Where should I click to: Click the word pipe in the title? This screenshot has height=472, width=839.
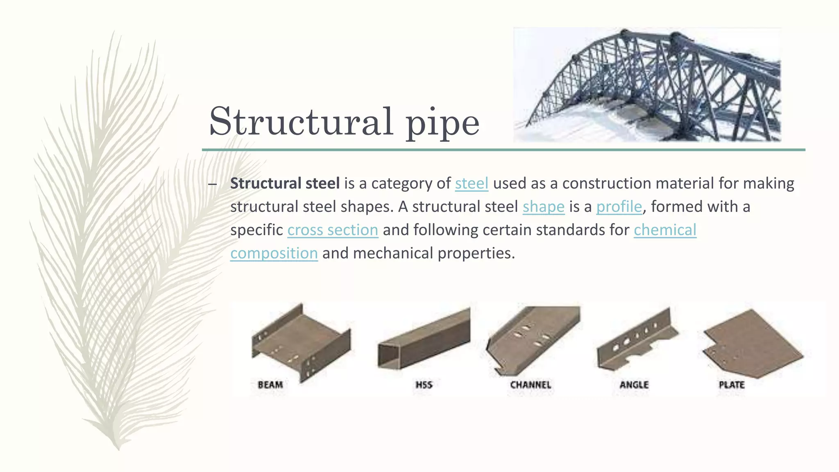(x=442, y=123)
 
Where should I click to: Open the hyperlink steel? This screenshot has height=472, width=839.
(x=472, y=183)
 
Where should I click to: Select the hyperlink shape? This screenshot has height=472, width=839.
(x=543, y=206)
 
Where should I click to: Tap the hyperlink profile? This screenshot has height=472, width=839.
(x=619, y=206)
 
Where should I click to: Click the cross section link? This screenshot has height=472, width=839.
(x=333, y=230)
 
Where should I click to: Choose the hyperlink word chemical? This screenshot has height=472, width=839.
(x=665, y=230)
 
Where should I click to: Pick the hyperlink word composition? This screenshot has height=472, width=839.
(x=274, y=253)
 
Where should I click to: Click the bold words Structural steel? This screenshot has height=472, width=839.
(x=285, y=183)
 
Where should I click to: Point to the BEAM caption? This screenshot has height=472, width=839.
(x=270, y=385)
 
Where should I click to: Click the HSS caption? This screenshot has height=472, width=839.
(x=424, y=385)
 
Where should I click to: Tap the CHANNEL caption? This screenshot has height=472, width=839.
(x=531, y=385)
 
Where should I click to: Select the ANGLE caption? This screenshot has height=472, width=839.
(x=634, y=385)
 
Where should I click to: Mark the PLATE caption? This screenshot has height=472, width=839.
(x=732, y=385)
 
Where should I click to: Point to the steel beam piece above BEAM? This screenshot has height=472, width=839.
(x=301, y=342)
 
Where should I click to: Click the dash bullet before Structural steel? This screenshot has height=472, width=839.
(x=212, y=184)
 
